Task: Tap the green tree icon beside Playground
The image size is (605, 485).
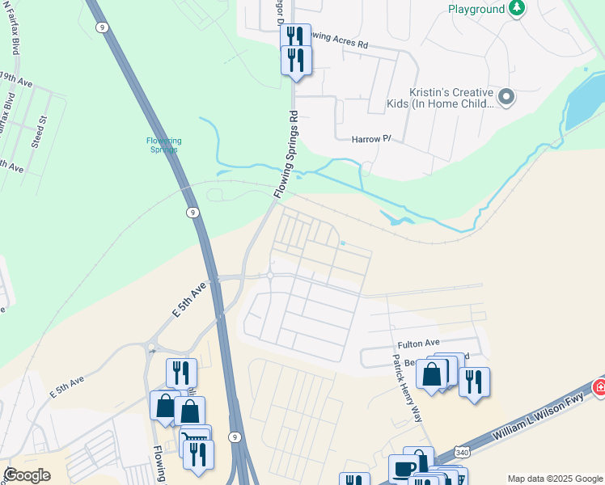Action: [516, 9]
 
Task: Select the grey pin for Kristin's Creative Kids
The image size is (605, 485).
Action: [506, 97]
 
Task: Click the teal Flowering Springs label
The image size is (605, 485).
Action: [163, 145]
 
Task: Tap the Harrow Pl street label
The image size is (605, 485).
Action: [371, 139]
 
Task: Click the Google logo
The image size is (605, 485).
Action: [27, 474]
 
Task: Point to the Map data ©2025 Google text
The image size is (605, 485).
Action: [554, 479]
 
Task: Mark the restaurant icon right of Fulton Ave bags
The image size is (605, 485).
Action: [474, 380]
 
